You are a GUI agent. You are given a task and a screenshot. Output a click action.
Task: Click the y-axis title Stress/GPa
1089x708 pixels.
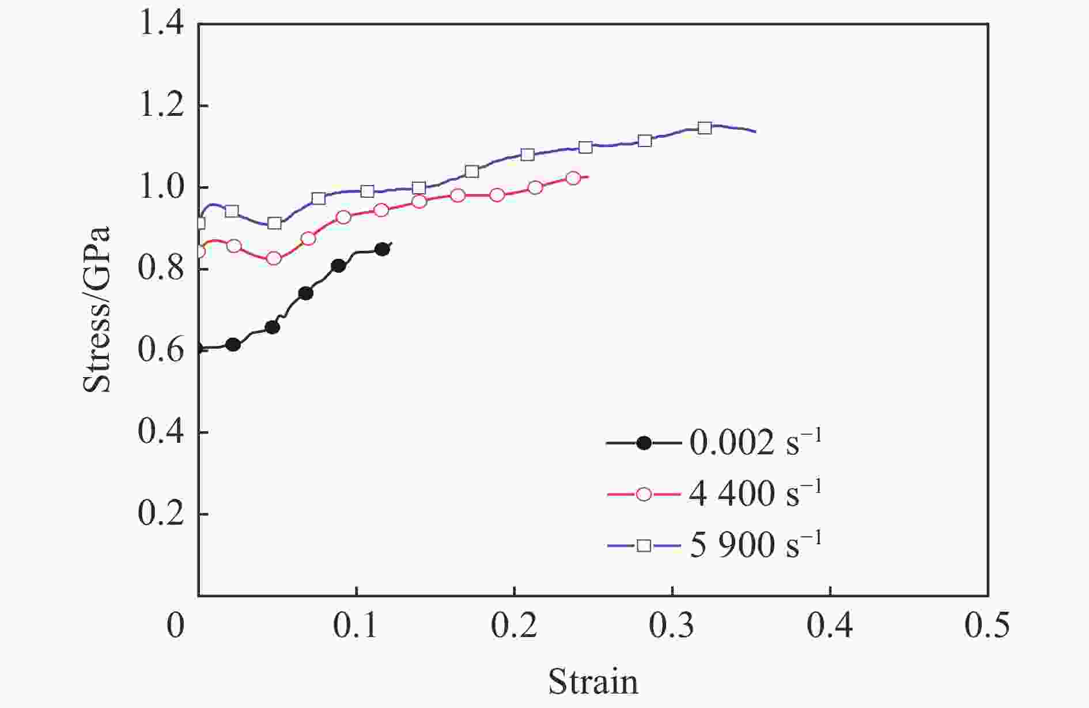97,310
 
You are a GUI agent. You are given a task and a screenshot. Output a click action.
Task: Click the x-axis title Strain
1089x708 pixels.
593,681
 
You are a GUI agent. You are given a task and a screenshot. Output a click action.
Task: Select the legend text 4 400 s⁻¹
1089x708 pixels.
755,494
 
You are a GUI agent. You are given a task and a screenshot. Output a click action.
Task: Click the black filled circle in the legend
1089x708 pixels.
644,443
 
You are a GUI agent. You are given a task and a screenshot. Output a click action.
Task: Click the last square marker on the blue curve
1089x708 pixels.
705,128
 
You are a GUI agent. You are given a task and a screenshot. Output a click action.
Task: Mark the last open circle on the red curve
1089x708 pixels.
573,178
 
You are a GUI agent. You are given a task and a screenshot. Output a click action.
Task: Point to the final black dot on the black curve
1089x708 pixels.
382,250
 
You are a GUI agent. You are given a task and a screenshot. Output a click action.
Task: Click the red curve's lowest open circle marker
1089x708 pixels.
274,258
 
